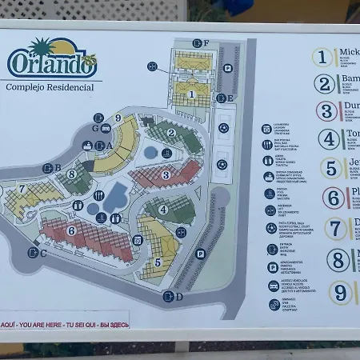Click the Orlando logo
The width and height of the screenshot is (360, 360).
pyautogui.click(x=53, y=60)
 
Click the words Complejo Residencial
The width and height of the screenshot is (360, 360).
pyautogui.click(x=50, y=87)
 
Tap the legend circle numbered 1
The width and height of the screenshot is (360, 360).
pyautogui.click(x=323, y=57)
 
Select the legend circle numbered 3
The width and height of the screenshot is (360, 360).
pyautogui.click(x=326, y=111)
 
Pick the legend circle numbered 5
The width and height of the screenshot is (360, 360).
pyautogui.click(x=331, y=168)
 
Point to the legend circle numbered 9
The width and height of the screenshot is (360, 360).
pyautogui.click(x=341, y=292)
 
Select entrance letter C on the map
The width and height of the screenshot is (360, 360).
pyautogui.click(x=42, y=253)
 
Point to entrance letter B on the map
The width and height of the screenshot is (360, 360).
pyautogui.click(x=58, y=168)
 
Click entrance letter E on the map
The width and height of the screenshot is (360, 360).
pyautogui.click(x=230, y=98)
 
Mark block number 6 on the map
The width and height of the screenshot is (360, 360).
pyautogui.click(x=71, y=230)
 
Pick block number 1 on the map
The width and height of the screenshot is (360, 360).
pyautogui.click(x=191, y=94)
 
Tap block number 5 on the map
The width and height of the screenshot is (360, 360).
pyautogui.click(x=158, y=262)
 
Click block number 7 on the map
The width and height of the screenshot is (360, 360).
pyautogui.click(x=22, y=190)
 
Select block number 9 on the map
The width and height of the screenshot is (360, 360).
pyautogui.click(x=118, y=118)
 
